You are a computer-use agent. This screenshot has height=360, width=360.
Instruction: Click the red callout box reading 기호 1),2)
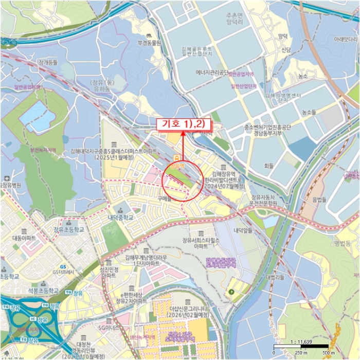pyautogui.click(x=184, y=124)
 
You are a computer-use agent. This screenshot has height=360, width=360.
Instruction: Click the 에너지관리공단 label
pyautogui.click(x=207, y=73)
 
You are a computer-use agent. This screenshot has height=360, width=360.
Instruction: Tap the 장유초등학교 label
pyautogui.click(x=64, y=229)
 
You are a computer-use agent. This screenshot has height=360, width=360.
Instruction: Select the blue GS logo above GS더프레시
pyautogui.click(x=63, y=266)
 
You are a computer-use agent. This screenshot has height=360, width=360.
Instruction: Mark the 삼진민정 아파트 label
pyautogui.click(x=110, y=273)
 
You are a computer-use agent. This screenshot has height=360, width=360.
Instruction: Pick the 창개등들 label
pyautogui.click(x=48, y=62)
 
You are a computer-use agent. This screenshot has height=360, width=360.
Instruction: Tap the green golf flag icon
pyautogui.click(x=231, y=292)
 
